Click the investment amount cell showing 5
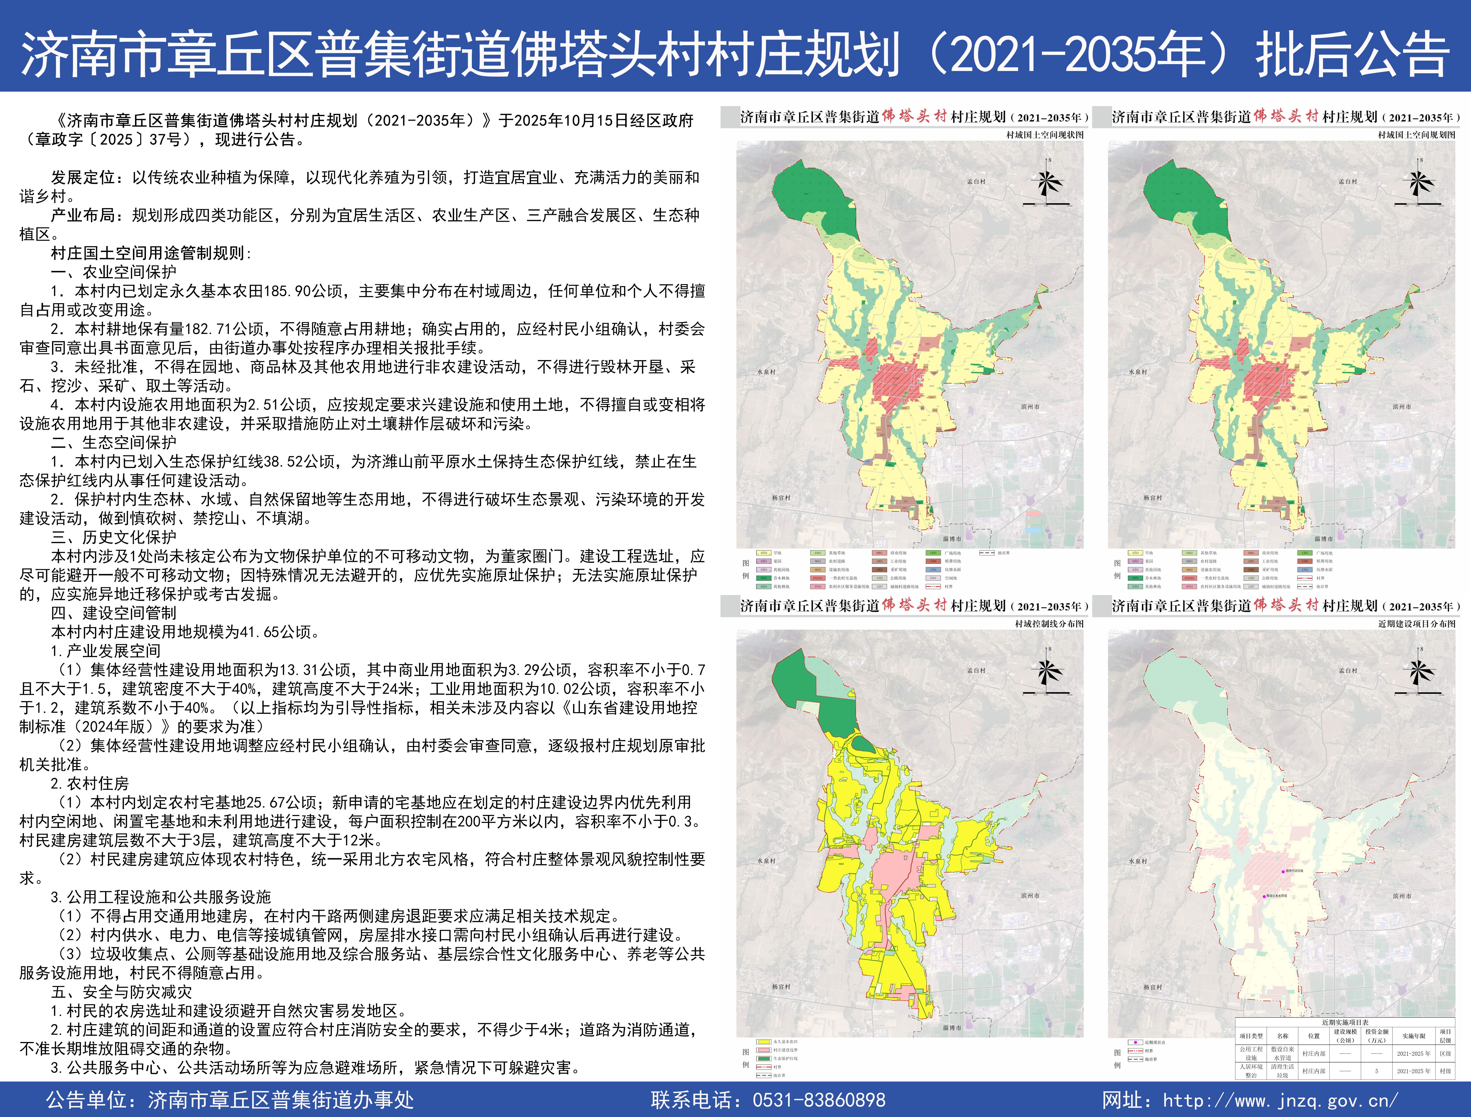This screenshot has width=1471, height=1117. (1376, 1071)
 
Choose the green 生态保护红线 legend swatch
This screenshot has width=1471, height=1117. (763, 1058)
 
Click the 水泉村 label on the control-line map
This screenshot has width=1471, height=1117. (766, 861)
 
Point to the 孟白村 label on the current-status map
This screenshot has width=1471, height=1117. (976, 182)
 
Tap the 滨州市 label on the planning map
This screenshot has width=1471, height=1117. (1402, 407)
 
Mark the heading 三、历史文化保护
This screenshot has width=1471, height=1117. (114, 537)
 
